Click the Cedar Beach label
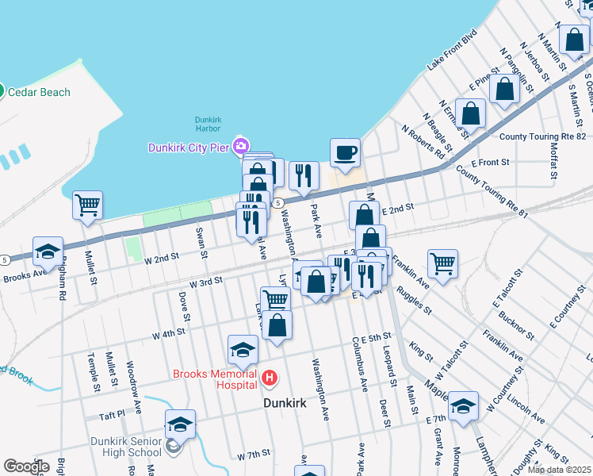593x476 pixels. [x=39, y=92]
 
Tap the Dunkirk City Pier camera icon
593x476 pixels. [x=240, y=145]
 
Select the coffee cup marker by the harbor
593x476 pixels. [x=344, y=152]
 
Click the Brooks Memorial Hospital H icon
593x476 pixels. [x=270, y=379]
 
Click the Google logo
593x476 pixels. [x=26, y=466]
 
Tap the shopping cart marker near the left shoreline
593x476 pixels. [x=87, y=205]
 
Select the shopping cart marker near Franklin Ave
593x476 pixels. [x=442, y=262]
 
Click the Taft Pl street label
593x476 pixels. [x=112, y=414]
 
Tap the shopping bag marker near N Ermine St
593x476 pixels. [x=470, y=113]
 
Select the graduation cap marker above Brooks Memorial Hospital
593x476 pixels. [x=243, y=348]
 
